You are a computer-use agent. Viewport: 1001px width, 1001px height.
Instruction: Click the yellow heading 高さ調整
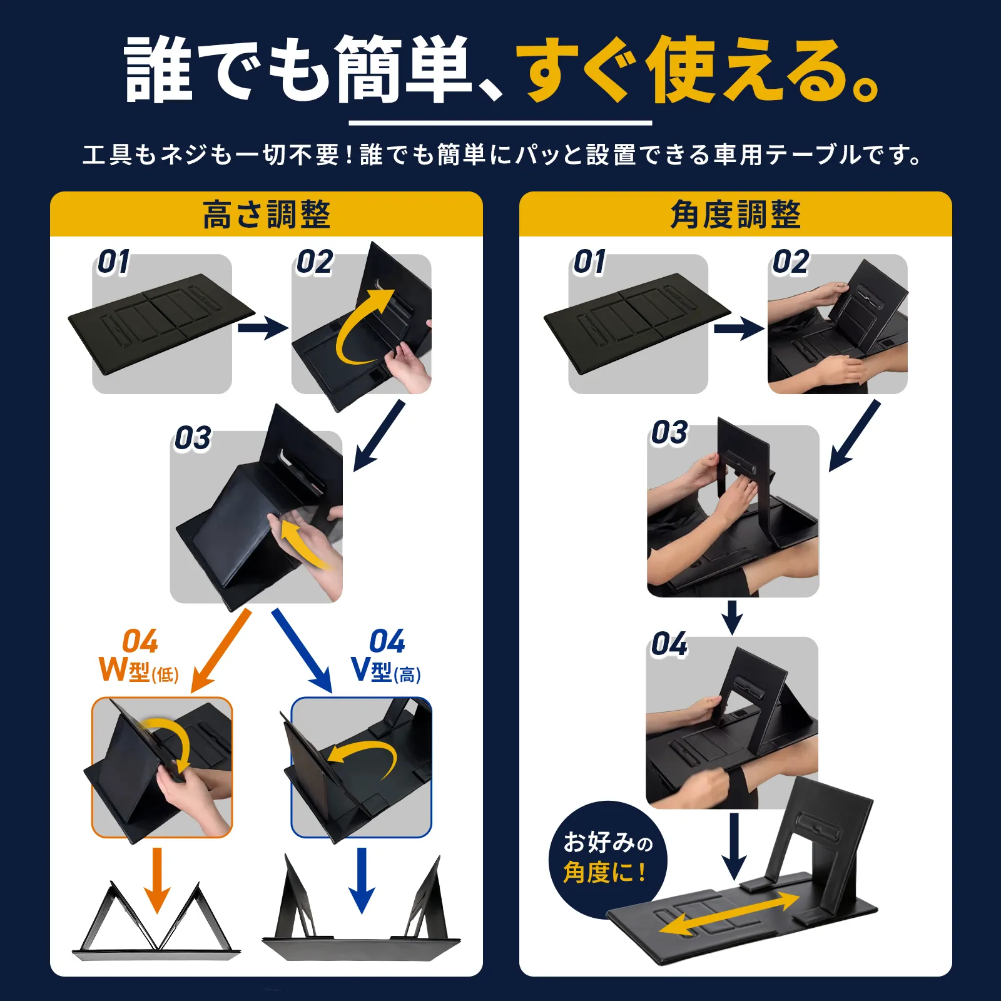point(267,215)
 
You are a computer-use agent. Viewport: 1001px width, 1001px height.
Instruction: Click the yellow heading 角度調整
point(735,215)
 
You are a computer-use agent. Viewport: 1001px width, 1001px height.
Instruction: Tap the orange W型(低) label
point(139,669)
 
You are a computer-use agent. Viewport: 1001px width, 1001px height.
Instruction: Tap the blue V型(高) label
point(385,669)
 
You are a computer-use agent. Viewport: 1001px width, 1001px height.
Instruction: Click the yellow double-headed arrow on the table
point(729,914)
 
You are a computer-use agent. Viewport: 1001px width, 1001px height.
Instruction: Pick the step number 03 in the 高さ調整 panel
point(193,438)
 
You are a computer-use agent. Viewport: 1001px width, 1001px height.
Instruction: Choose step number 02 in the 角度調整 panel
point(791,262)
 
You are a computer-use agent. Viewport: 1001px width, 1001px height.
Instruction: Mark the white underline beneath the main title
point(500,123)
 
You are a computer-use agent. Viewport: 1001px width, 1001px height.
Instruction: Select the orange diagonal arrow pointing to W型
point(220,651)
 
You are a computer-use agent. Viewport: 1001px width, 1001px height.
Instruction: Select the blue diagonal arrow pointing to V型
point(302,651)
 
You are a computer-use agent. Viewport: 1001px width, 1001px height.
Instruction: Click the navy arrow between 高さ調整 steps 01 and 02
point(263,327)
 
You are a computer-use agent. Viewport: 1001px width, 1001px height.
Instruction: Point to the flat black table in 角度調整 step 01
point(638,323)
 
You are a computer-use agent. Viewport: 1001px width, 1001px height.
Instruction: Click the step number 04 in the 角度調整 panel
point(669,644)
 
